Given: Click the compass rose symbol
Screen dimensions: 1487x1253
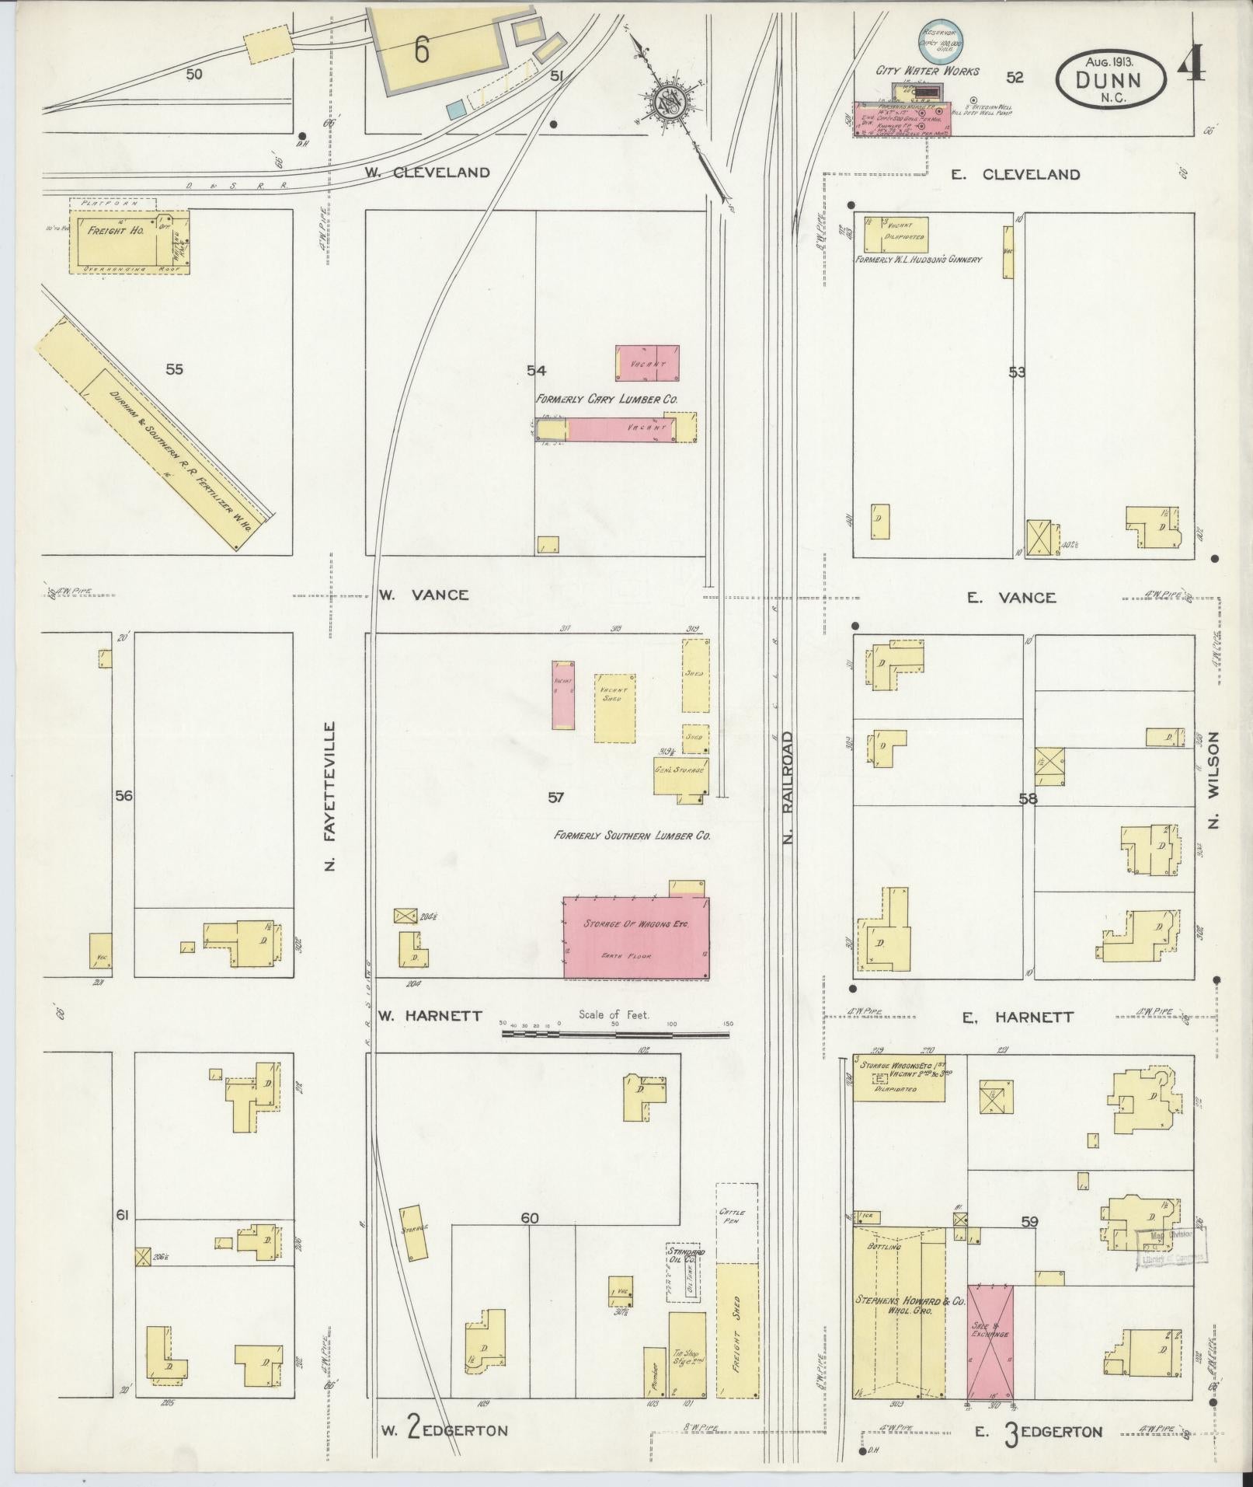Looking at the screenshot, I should click(667, 102).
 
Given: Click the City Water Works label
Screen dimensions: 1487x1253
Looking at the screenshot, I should click(928, 71).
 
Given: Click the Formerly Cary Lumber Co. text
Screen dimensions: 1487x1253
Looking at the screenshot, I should click(607, 398).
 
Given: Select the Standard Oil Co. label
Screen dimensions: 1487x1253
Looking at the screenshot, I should click(686, 1278).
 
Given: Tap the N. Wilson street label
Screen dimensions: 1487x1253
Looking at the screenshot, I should click(1214, 780).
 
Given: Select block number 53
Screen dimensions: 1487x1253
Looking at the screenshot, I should click(1016, 372).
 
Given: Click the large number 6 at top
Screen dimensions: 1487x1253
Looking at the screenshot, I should click(421, 51).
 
